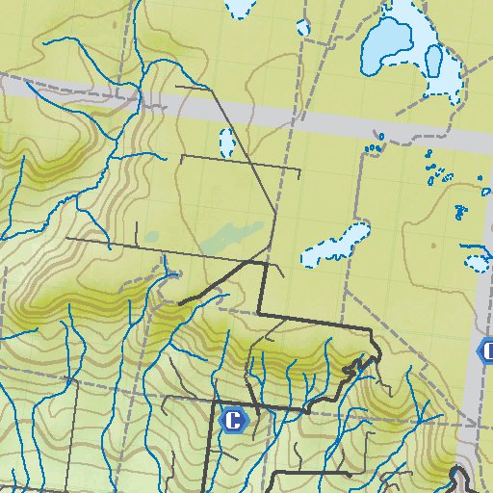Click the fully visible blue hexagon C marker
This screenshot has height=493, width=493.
point(232,420)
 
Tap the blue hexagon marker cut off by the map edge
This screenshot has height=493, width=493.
point(486,350)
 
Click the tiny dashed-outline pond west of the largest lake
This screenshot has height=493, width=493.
point(304,28)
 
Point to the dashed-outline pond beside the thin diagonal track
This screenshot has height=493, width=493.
point(227,143)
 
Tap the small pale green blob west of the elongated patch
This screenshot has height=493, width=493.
point(151,236)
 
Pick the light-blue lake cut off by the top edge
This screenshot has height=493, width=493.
point(236,8)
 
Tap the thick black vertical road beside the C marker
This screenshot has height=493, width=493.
point(214,443)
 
